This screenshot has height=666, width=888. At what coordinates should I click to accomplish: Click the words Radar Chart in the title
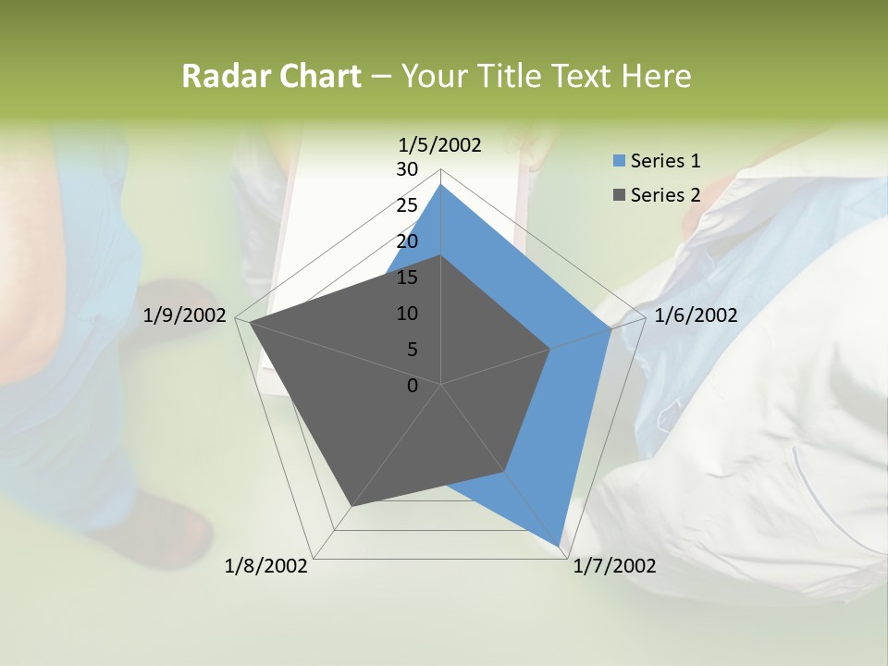point(271,77)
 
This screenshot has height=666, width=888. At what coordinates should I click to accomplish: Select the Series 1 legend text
point(665,161)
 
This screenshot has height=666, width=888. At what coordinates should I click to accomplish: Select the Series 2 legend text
point(665,194)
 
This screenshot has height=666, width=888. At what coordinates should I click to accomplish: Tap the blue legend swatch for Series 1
point(619,162)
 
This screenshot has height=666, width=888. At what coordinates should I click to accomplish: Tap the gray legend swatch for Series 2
point(619,195)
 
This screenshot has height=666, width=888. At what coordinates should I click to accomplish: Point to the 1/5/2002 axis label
point(440,144)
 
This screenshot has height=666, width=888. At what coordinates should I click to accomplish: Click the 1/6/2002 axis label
point(696,315)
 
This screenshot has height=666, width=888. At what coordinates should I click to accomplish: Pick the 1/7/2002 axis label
point(614,566)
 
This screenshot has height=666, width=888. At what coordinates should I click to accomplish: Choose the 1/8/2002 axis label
point(266,566)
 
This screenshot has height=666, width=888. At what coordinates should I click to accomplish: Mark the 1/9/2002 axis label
point(185,315)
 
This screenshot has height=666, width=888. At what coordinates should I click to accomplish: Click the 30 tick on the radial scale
point(407,169)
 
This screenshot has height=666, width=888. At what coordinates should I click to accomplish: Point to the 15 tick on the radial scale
point(407,277)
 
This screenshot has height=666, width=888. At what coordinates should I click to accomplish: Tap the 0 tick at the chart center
point(413,386)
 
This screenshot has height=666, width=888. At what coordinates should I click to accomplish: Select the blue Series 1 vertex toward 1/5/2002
point(440,184)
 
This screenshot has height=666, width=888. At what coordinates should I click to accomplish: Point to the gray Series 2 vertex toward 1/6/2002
point(550,349)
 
